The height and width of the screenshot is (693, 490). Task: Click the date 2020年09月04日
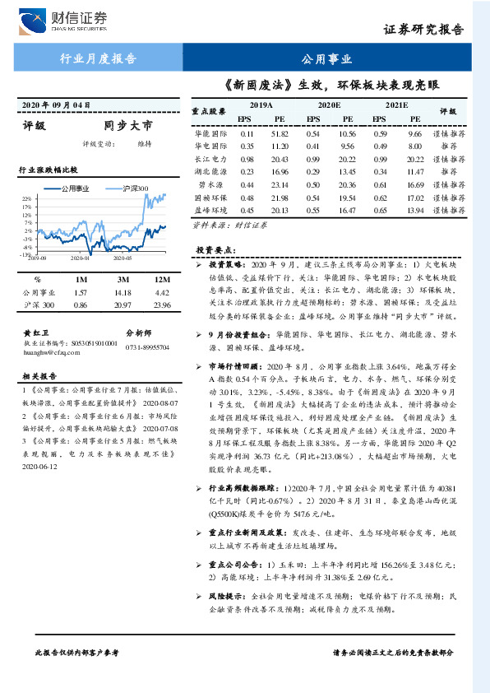pyautogui.click(x=55, y=105)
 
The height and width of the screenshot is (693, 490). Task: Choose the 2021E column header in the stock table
pyautogui.click(x=396, y=105)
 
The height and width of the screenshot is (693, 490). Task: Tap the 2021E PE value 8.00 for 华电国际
pyautogui.click(x=414, y=147)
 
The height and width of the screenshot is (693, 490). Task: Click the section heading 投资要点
pyautogui.click(x=215, y=249)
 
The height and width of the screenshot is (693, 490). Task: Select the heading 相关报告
pyautogui.click(x=38, y=374)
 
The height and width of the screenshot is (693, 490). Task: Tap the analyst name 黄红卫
pyautogui.click(x=35, y=331)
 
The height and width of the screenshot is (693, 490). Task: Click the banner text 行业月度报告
pyautogui.click(x=99, y=58)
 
